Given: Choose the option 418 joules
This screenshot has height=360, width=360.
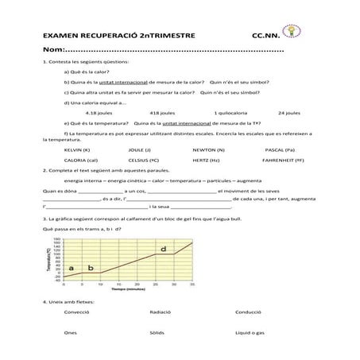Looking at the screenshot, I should coord(161,112).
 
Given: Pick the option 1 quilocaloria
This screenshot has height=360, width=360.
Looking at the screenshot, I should coord(230,112).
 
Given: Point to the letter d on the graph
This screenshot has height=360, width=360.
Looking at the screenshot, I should coord(163,250).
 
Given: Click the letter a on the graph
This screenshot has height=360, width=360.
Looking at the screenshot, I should coord(72,269).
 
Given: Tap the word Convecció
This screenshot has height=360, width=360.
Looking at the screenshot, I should coord(76,312).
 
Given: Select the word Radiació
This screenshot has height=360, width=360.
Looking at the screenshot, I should coord(160,312).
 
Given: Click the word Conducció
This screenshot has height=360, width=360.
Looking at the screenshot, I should coord(248,312).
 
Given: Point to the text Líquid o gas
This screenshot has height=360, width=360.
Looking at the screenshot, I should coord(249,333).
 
